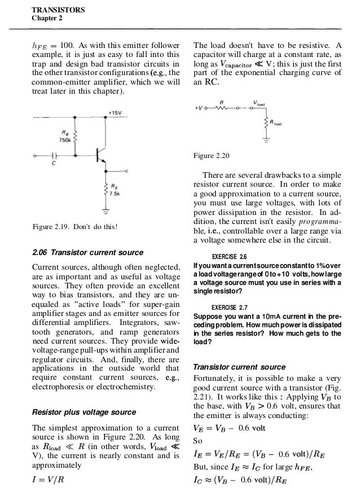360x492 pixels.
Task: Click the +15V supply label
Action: tap(117, 112)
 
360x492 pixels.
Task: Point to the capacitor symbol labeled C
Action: tap(55, 155)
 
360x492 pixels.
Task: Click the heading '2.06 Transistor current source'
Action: tap(87, 252)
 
